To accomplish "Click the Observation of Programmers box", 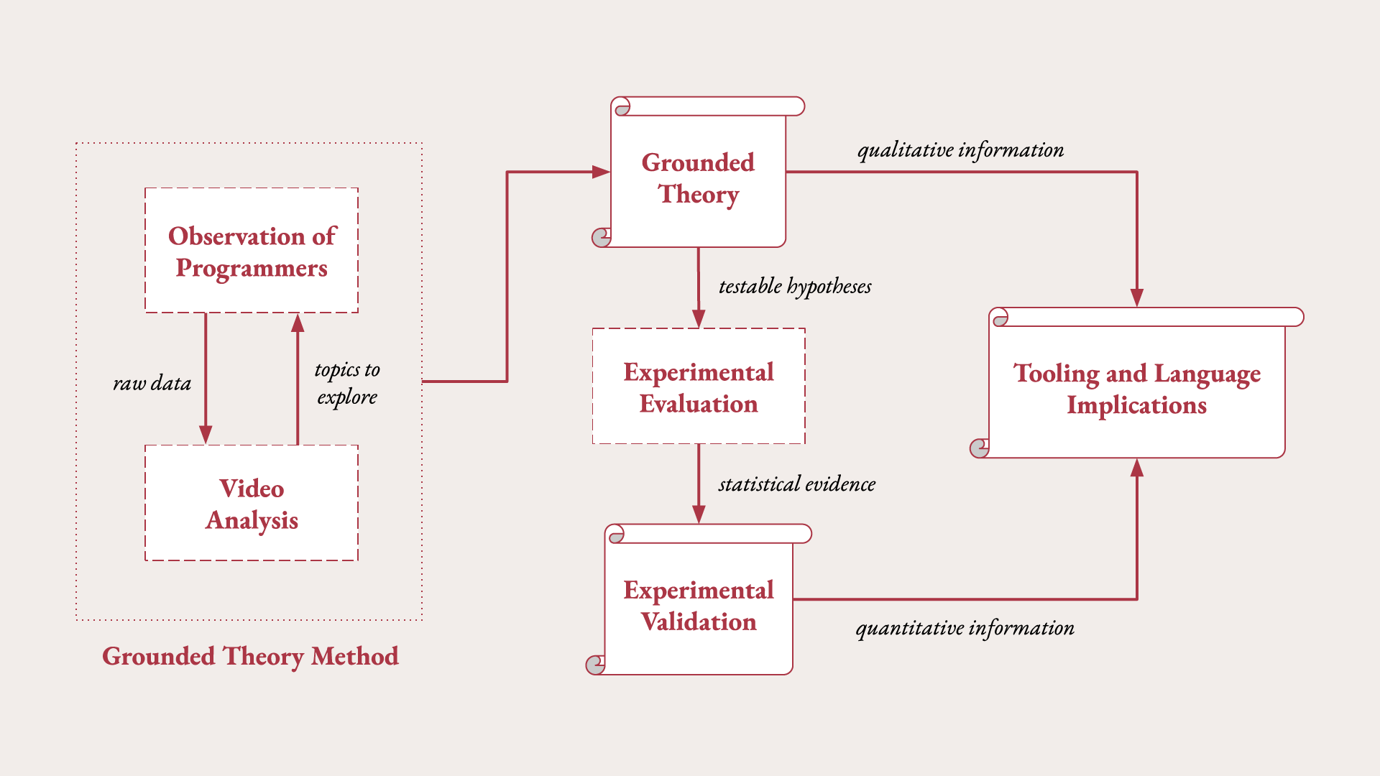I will tap(252, 250).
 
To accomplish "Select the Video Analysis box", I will tap(252, 503).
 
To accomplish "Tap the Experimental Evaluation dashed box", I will tap(699, 387).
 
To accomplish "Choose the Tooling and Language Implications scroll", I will tap(1137, 389).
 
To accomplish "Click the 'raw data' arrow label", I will tap(152, 384).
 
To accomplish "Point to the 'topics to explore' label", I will tap(347, 383).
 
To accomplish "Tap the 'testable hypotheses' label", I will tap(795, 287).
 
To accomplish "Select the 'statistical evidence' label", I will tap(797, 484).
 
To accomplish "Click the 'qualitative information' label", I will tap(960, 150).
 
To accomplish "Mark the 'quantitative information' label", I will tap(965, 628).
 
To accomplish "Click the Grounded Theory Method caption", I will tap(250, 656).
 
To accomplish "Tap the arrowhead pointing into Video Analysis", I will tap(206, 435).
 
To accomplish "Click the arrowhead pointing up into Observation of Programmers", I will tap(298, 323).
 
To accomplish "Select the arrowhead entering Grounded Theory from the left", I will tap(601, 172).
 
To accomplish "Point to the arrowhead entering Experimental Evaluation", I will tap(699, 318).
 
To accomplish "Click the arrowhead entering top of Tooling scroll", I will tap(1137, 297).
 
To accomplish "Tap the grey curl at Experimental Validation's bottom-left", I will tap(595, 665).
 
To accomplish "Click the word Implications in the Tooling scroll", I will tap(1136, 405).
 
